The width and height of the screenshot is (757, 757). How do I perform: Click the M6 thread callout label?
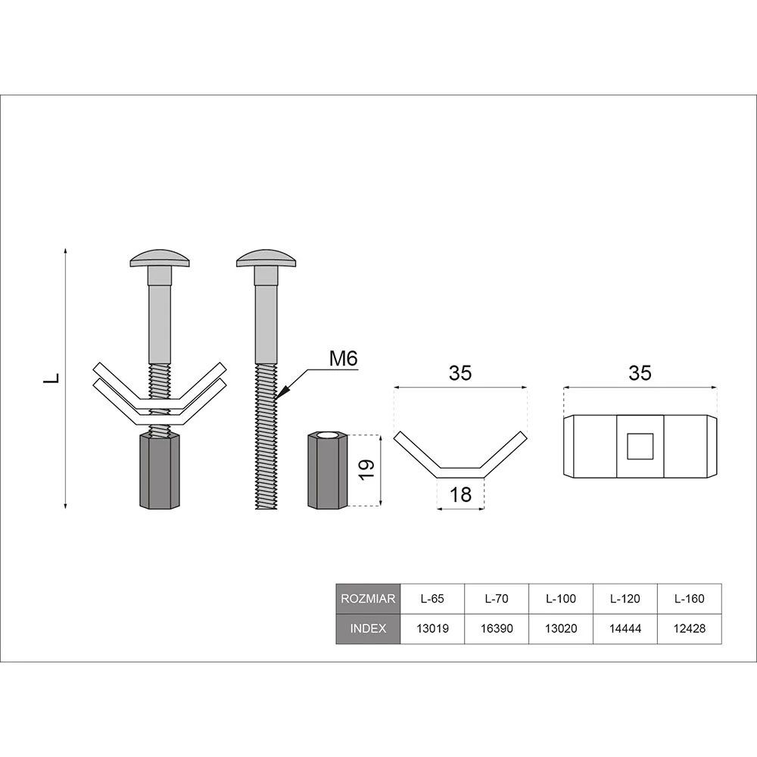tap(343, 359)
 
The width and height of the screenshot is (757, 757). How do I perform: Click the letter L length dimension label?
tap(51, 378)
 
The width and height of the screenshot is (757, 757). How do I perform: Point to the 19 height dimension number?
tap(367, 470)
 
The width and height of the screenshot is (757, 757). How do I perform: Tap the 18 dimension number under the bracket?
tap(460, 494)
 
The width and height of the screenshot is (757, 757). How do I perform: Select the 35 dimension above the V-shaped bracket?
tap(460, 373)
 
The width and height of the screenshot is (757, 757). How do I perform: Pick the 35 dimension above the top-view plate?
tap(640, 373)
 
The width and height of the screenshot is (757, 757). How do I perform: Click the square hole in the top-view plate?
tap(640, 446)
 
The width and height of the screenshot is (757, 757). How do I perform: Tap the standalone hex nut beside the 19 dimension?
tap(327, 470)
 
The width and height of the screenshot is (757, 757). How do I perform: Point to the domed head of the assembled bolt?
tap(160, 258)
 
